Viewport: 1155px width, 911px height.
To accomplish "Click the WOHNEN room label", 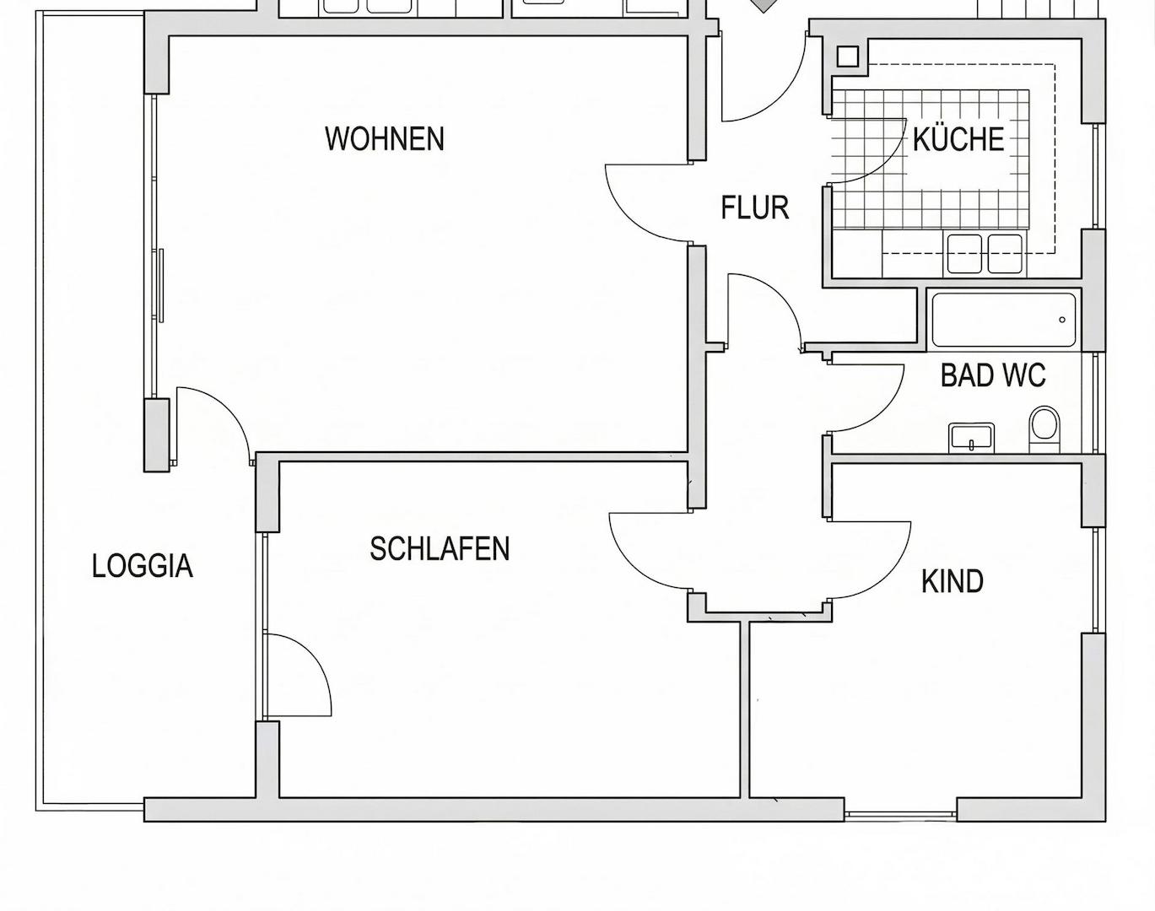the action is click(385, 139).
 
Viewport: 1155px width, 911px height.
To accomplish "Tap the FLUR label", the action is click(754, 208).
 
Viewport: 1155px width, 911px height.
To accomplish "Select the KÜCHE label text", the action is click(958, 138).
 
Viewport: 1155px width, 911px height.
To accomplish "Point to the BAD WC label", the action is click(993, 375).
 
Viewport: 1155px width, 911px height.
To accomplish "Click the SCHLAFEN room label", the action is click(440, 548).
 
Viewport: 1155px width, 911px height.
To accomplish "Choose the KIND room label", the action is click(953, 581).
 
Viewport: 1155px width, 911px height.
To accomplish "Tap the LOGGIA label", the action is click(143, 566).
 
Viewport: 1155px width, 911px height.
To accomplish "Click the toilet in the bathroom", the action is click(1044, 429).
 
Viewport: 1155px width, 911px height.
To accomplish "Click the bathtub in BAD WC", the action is click(1004, 320).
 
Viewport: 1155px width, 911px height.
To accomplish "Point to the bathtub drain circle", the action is click(1062, 320).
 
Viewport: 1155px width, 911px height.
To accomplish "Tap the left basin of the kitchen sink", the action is click(964, 253).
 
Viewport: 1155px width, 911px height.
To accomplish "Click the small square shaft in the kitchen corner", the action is click(847, 57).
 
